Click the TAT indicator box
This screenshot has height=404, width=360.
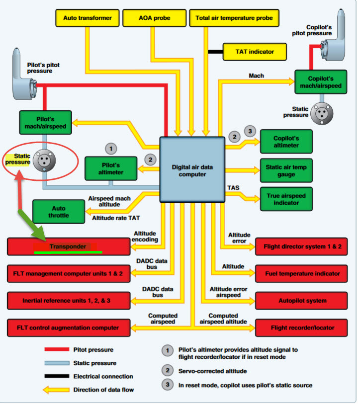click(x=255, y=51)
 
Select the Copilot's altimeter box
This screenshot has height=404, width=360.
click(x=286, y=142)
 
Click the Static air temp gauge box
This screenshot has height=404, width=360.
click(x=286, y=170)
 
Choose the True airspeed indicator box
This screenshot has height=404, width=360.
click(x=286, y=199)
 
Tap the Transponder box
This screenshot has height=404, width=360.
click(x=69, y=246)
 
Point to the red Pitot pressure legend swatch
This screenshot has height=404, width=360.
click(x=56, y=350)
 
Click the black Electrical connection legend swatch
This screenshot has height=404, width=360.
click(x=56, y=376)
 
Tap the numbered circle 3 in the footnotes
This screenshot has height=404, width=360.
click(x=168, y=385)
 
